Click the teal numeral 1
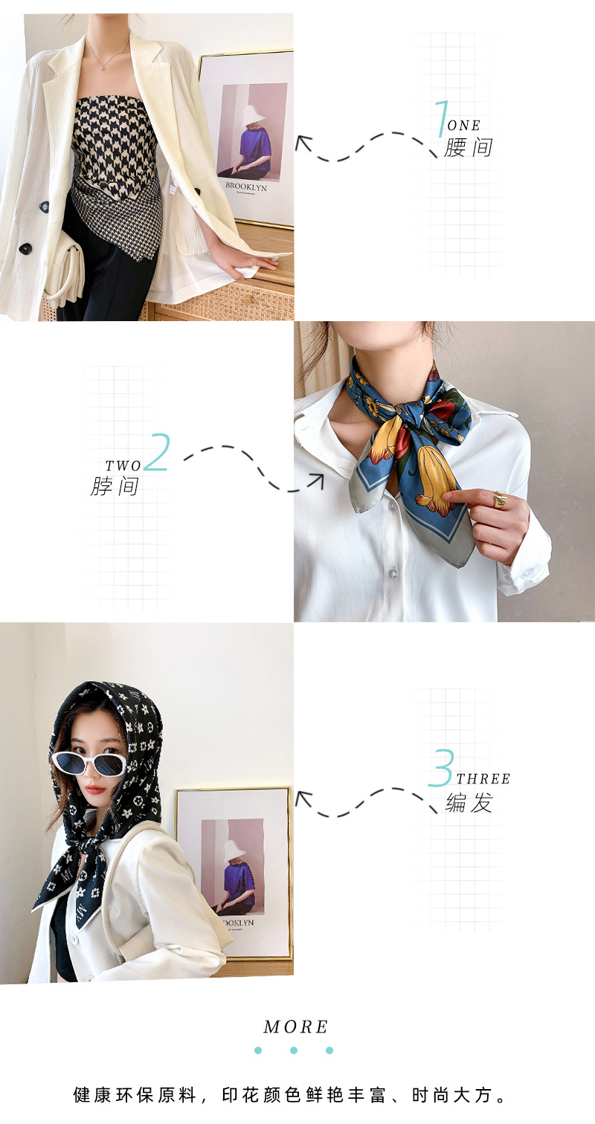point(441,118)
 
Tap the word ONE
point(463,126)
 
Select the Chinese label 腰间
point(468,147)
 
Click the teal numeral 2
point(157,453)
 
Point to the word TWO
point(123,466)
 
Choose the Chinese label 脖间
point(115,486)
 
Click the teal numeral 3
point(441,768)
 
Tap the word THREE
point(483,779)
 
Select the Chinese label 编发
point(469,802)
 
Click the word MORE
point(296,1027)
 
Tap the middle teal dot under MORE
point(294,1050)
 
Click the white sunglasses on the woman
point(89,763)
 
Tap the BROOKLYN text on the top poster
point(246,187)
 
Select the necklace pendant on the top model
point(102,67)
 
